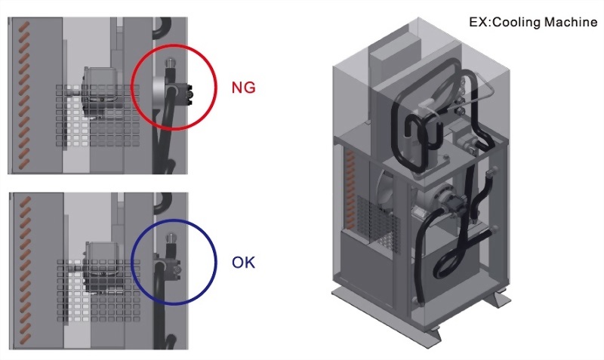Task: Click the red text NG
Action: [244, 87]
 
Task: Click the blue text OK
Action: [244, 263]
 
